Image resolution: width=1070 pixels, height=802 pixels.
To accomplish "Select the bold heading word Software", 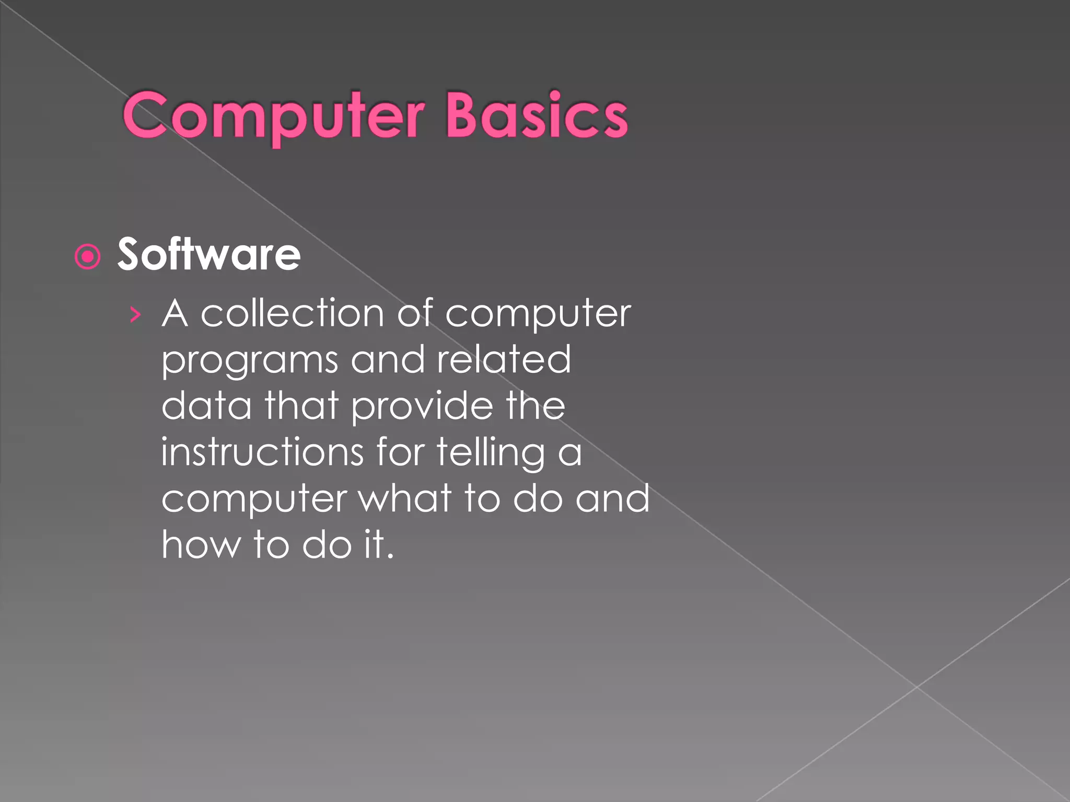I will pos(209,255).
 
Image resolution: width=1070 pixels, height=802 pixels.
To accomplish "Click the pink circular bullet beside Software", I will pos(87,256).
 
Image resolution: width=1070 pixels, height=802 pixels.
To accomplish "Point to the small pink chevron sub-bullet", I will pos(135,314).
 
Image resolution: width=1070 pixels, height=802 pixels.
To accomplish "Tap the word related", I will pos(504,360).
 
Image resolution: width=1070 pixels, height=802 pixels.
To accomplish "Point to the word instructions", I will pos(262,452).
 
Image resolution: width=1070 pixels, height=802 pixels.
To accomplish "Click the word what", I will pos(405,498).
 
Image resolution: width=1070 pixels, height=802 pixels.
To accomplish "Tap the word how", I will pos(201,544).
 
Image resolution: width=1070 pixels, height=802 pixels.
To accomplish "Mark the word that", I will pos(302,406).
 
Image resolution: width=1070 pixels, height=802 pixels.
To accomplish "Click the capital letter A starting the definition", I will pos(175,314).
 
